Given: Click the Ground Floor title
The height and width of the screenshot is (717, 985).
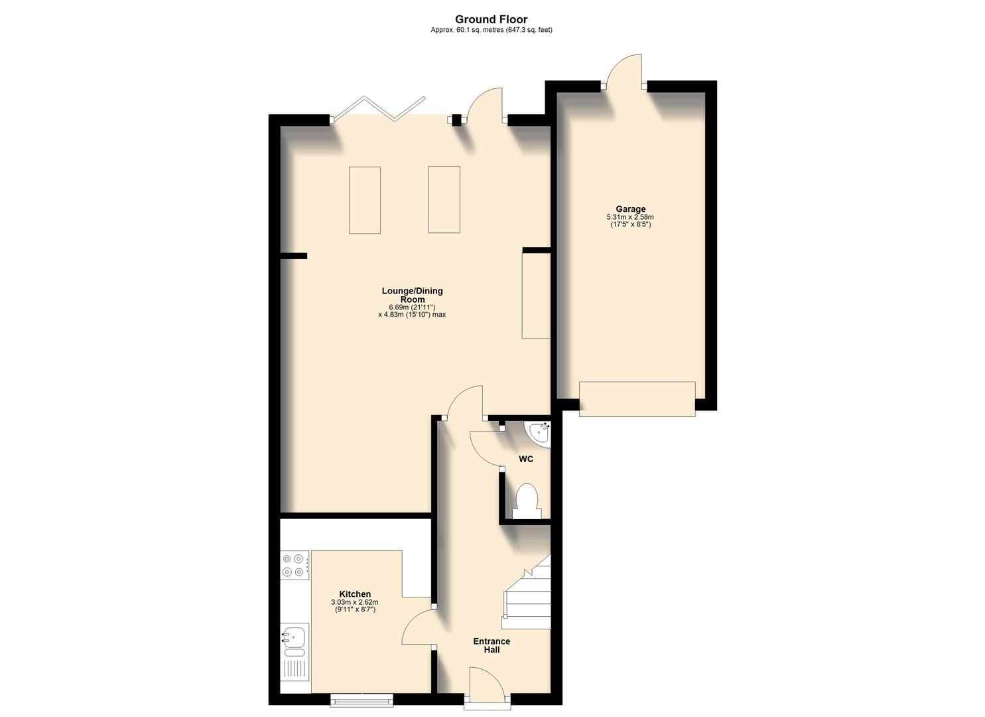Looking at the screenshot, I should pyautogui.click(x=492, y=19).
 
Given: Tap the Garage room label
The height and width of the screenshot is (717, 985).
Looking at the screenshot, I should pyautogui.click(x=630, y=209).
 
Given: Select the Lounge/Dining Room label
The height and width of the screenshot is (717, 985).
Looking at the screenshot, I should pyautogui.click(x=412, y=295).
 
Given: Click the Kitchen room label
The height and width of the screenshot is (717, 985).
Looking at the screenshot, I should pyautogui.click(x=355, y=594).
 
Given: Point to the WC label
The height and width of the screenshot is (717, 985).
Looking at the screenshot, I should pyautogui.click(x=525, y=459).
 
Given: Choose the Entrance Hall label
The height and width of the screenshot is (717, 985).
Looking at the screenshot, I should pyautogui.click(x=492, y=645).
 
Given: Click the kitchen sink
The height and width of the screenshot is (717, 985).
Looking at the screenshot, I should pyautogui.click(x=293, y=639).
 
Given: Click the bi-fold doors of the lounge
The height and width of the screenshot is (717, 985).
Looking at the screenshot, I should pyautogui.click(x=378, y=110).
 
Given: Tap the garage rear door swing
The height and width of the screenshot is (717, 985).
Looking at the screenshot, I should pyautogui.click(x=624, y=72).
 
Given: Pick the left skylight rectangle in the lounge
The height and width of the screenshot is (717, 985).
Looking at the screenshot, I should pyautogui.click(x=365, y=200).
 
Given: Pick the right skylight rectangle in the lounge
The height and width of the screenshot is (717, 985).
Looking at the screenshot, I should pyautogui.click(x=444, y=200).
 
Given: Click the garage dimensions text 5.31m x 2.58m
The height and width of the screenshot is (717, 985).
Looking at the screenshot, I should pyautogui.click(x=630, y=217).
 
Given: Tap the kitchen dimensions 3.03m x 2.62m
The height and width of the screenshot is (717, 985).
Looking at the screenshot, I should pyautogui.click(x=355, y=602).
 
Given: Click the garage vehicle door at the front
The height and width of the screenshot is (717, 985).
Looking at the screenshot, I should pyautogui.click(x=637, y=399).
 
